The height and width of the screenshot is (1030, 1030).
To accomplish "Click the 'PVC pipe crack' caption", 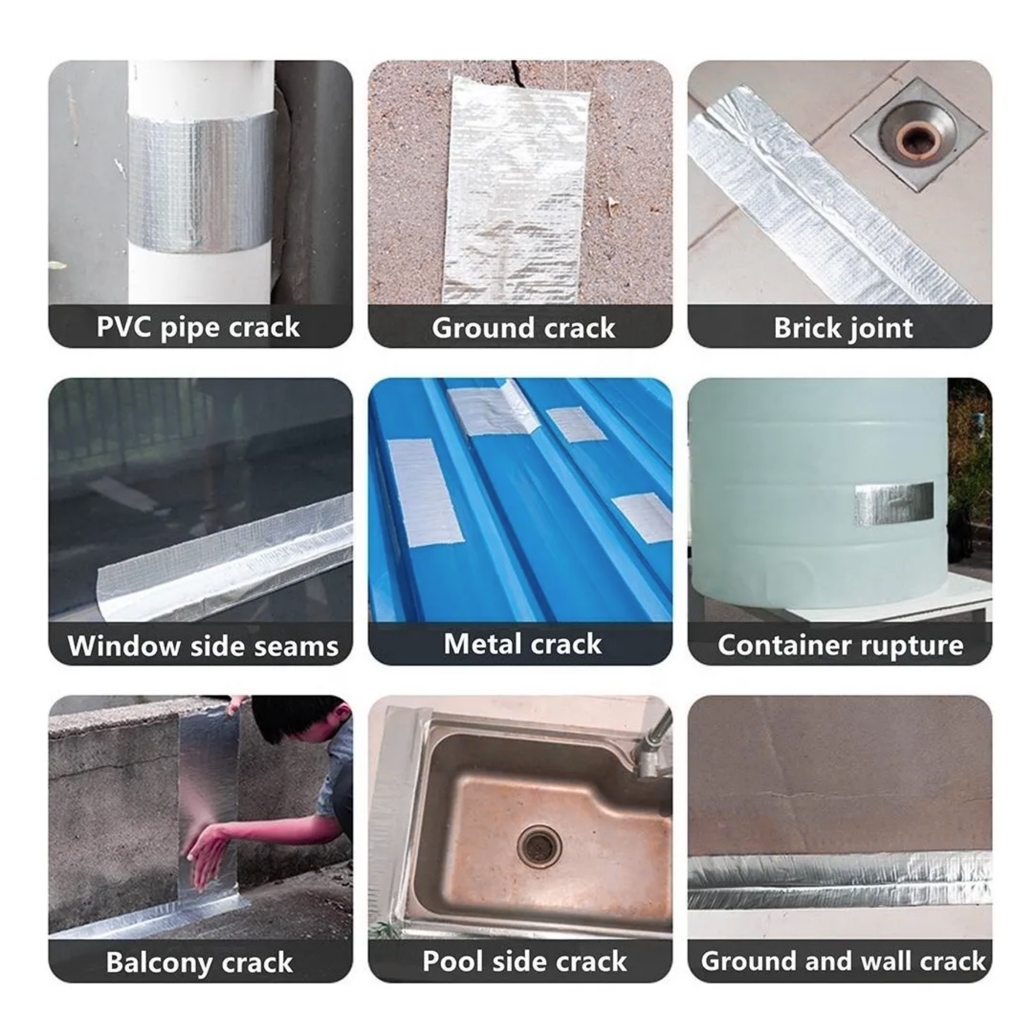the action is [198, 328].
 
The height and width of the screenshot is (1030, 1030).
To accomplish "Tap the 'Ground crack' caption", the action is [523, 328].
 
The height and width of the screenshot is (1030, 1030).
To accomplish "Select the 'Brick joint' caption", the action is [843, 328].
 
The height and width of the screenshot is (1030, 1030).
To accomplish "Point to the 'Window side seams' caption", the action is [203, 646].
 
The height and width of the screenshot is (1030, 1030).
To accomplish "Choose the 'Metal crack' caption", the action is [522, 644].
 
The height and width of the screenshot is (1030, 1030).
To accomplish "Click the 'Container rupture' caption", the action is [840, 645].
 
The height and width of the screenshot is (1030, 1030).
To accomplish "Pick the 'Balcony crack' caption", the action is [199, 962].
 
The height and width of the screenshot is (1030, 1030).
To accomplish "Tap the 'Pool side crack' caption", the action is [524, 961].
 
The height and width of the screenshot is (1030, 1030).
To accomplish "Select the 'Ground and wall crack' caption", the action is [843, 961].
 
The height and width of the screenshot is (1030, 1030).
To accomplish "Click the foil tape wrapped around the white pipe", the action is [200, 180].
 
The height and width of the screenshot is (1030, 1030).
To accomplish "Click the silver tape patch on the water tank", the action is [894, 503].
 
